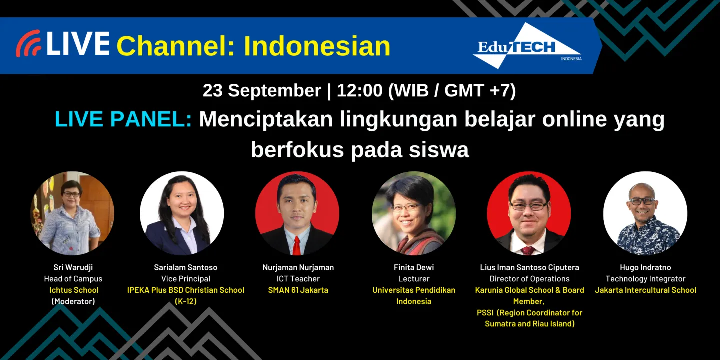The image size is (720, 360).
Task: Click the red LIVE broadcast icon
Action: tap(28, 44)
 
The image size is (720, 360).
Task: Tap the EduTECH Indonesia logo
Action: tap(527, 47)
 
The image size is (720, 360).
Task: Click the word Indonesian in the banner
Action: tap(317, 46)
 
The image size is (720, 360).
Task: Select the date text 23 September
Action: tap(261, 90)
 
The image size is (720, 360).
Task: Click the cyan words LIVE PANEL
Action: tap(123, 119)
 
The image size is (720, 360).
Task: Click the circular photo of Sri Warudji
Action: tap(72, 214)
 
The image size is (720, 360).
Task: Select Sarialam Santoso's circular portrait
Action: tap(182, 214)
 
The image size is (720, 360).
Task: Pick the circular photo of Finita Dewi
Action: tap(414, 214)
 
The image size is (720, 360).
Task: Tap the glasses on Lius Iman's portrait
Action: tap(529, 205)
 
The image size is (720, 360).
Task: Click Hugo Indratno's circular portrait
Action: tap(645, 214)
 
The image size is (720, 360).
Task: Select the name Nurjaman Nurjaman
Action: tap(298, 267)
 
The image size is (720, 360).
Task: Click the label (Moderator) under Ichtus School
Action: tap(73, 301)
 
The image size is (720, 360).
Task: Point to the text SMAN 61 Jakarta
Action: tap(298, 290)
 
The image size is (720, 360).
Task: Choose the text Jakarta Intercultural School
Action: tap(645, 290)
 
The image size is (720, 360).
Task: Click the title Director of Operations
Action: tap(529, 279)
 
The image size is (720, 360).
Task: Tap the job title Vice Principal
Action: tap(186, 279)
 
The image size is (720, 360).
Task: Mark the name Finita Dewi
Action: tap(414, 267)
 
